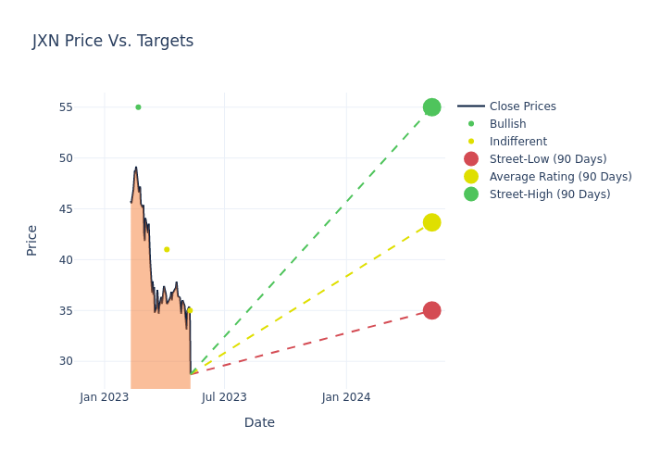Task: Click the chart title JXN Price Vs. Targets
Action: click(113, 41)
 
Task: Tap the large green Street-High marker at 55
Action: click(431, 107)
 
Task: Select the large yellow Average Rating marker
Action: click(431, 222)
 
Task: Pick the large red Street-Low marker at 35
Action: click(431, 310)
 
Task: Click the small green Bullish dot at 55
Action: click(138, 107)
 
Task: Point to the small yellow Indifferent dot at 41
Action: click(167, 249)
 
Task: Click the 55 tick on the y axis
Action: click(65, 107)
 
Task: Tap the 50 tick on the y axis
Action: click(65, 158)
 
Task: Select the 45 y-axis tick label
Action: click(65, 208)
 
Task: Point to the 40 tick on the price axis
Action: click(65, 259)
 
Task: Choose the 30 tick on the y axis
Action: click(65, 361)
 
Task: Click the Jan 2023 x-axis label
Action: click(105, 397)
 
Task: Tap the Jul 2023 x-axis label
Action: click(224, 397)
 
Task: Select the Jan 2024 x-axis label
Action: click(346, 397)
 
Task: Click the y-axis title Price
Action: click(32, 240)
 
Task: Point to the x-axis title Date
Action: click(259, 422)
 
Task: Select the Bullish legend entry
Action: click(507, 124)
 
